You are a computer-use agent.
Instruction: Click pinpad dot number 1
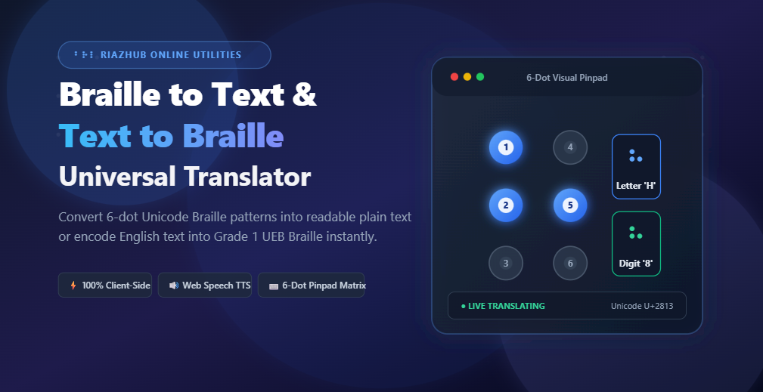(x=506, y=147)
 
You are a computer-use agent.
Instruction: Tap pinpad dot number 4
(x=570, y=147)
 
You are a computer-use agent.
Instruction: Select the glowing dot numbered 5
(x=570, y=205)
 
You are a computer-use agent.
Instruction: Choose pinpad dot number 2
(x=506, y=205)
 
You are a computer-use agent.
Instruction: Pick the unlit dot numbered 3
(x=506, y=263)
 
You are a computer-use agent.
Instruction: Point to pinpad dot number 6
(x=570, y=263)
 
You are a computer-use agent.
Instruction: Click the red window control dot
(x=454, y=77)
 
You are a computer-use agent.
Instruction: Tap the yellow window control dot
(x=467, y=77)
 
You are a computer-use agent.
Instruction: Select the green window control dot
(x=480, y=77)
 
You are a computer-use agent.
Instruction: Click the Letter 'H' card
(x=636, y=167)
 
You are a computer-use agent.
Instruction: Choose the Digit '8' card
(x=636, y=244)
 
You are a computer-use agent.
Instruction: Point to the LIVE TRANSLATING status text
(x=503, y=306)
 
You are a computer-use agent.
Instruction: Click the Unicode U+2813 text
(x=642, y=306)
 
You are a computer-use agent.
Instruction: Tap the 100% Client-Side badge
(x=105, y=286)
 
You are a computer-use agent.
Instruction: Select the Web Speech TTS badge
(x=205, y=286)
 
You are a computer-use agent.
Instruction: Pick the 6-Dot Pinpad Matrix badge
(x=311, y=286)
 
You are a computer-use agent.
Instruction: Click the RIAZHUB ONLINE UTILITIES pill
(x=165, y=55)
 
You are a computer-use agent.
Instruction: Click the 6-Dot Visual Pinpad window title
(x=567, y=78)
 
